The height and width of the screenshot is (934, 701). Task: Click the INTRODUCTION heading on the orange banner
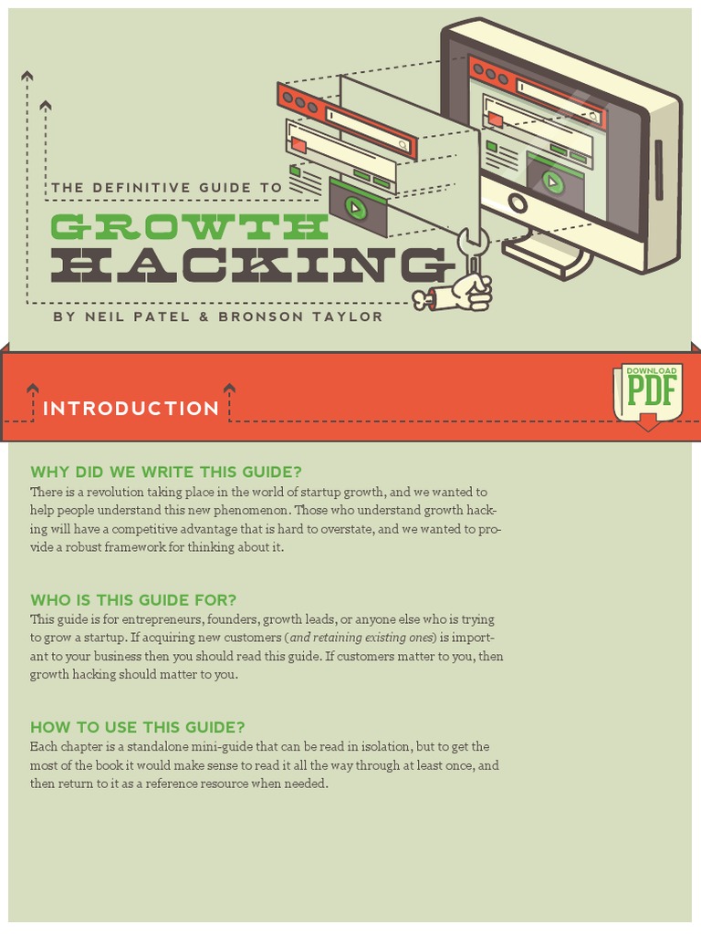tap(131, 409)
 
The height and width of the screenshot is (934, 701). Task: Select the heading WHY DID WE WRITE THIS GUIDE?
tap(165, 472)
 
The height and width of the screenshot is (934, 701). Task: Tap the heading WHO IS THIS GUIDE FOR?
tap(133, 599)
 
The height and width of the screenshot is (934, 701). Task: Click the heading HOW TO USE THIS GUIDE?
tap(137, 727)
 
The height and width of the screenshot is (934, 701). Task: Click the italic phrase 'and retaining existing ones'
tap(361, 638)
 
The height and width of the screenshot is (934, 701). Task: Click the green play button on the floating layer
tap(355, 208)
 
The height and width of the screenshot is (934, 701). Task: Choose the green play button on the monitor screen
tap(552, 181)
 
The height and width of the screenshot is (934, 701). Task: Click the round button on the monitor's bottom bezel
tap(518, 202)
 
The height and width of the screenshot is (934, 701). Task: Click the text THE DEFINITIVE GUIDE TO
tap(166, 188)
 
